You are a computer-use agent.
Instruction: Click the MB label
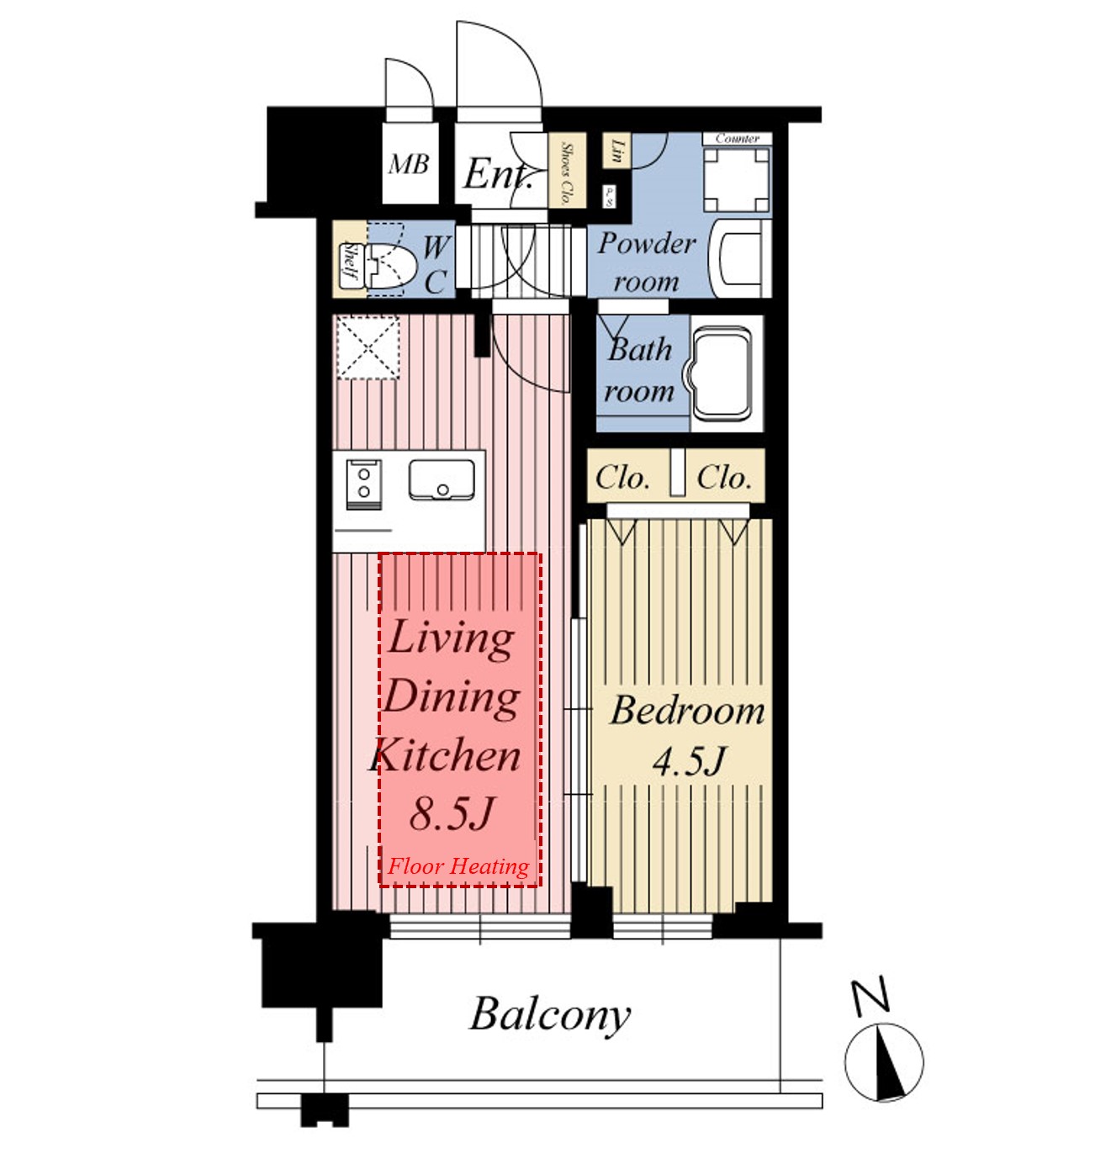click(410, 164)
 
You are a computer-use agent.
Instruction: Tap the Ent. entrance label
click(498, 175)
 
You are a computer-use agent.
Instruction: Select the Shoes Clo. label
click(567, 173)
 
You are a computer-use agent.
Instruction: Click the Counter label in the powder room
click(737, 139)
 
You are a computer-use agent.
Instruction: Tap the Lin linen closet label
click(617, 151)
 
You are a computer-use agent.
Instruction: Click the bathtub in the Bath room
click(722, 373)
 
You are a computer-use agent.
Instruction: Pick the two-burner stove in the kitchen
click(364, 484)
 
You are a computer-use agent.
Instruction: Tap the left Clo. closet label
click(622, 478)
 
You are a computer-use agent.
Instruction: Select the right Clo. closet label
click(723, 478)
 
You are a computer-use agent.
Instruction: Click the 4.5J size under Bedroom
click(689, 762)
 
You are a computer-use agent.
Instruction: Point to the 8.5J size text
click(452, 813)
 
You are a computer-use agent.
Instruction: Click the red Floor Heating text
click(458, 866)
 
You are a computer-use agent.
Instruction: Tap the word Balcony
click(550, 1014)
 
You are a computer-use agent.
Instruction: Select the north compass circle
click(884, 1062)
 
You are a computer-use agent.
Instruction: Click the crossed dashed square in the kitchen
click(368, 347)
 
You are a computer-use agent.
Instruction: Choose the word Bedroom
click(688, 711)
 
